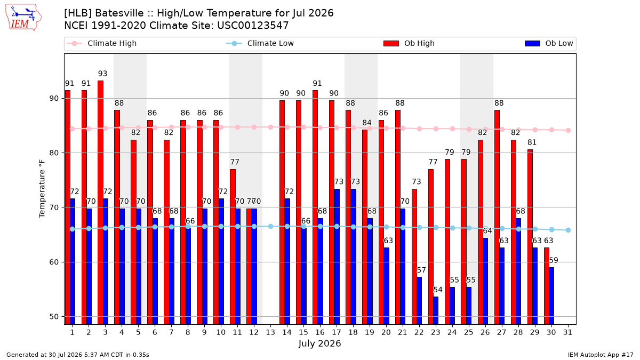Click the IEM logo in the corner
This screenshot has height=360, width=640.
coord(23,18)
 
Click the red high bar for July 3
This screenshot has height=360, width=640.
coord(101,202)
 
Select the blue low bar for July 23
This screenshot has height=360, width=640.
coord(436,310)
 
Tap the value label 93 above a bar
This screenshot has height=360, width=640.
coord(102,74)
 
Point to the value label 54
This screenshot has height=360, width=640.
coord(438,290)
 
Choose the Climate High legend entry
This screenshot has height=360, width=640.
coord(101,43)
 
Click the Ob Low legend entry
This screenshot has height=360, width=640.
coord(549,43)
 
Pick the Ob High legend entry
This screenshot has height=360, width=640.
coord(409,43)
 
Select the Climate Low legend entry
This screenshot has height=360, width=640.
coord(260,43)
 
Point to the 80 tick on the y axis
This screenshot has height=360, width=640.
coord(54,153)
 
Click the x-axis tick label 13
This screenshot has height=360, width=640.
coord(270,332)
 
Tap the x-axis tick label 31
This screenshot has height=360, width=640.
coord(567,332)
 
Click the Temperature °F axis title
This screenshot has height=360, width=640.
coord(42,189)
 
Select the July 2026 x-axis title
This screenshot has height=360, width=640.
coord(319,343)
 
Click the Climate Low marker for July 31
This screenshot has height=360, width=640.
coord(569,230)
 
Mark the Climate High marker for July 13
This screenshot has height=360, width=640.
coord(270,127)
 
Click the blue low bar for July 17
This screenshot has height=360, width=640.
coord(337,257)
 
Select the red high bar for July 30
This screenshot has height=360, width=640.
coord(547,286)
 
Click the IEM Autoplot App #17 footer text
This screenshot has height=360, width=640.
coord(601,355)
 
